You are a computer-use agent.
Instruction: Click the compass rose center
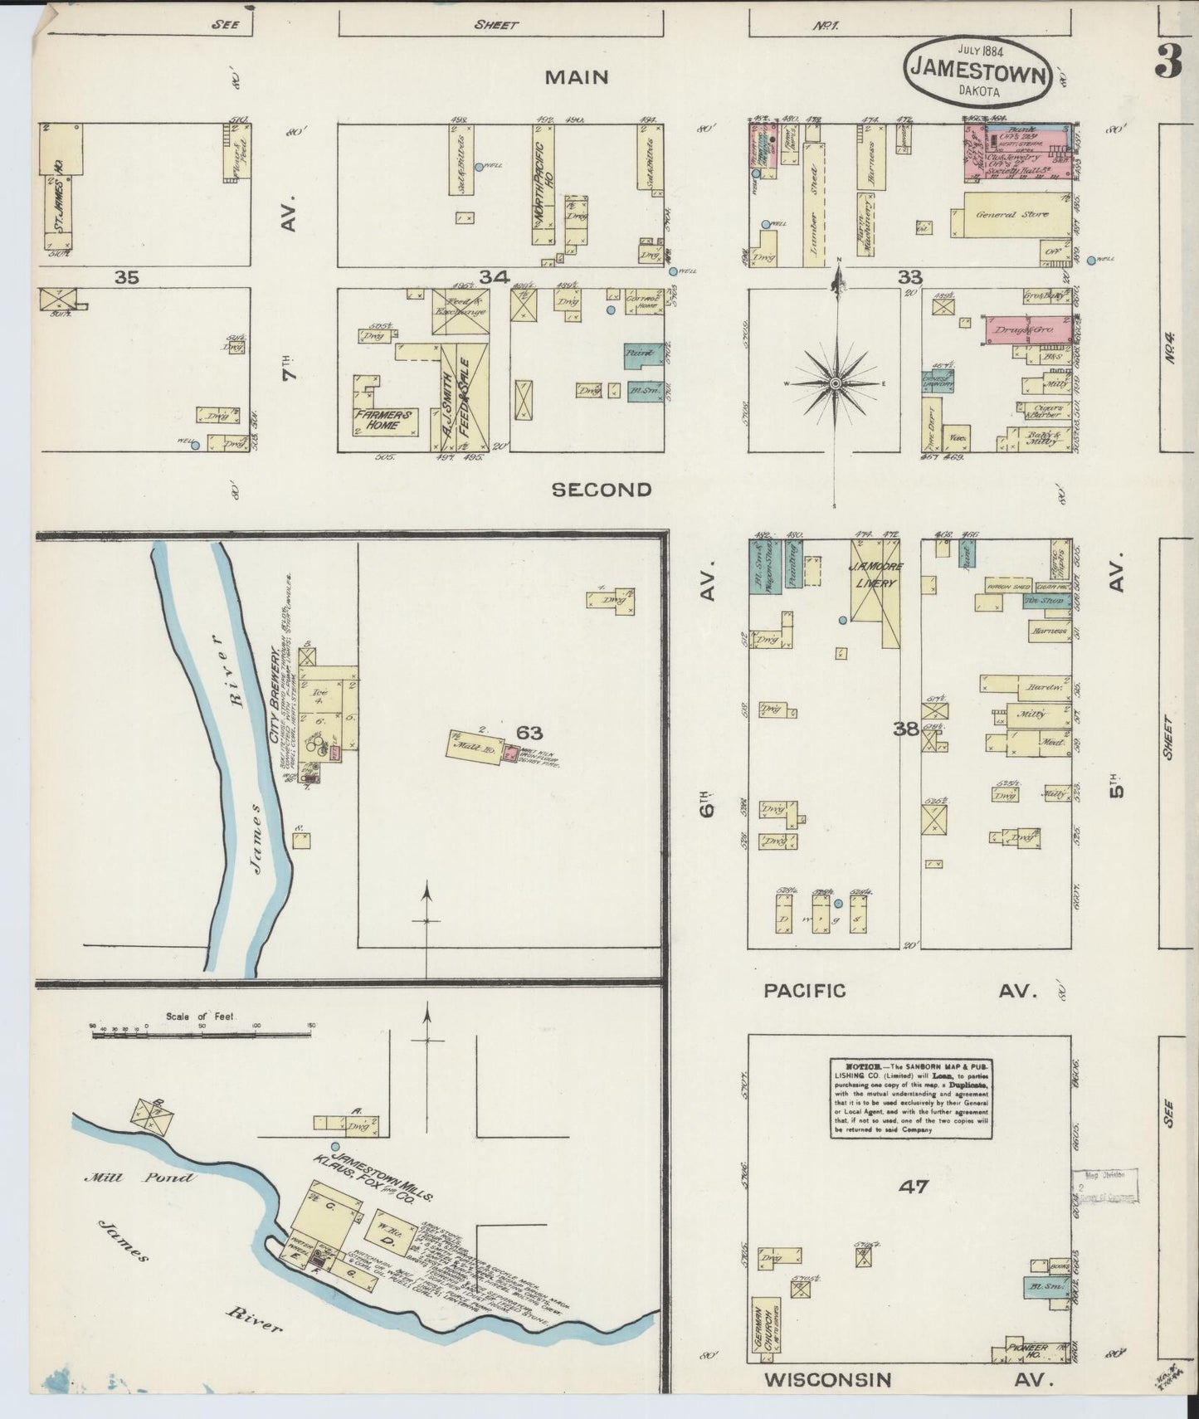[x=836, y=383]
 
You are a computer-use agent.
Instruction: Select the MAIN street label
[x=577, y=78]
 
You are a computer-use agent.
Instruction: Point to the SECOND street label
[x=602, y=490]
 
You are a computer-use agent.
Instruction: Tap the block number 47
[x=914, y=1187]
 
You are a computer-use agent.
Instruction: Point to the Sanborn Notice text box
[x=911, y=1098]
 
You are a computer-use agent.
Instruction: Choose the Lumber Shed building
[x=815, y=204]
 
